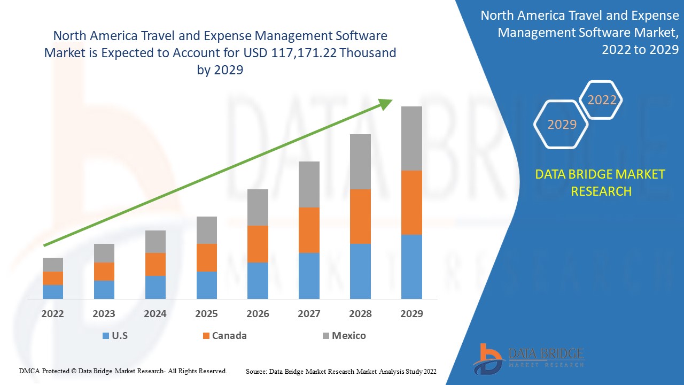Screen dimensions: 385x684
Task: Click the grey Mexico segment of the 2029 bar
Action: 411,138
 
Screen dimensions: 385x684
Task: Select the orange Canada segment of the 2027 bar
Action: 309,230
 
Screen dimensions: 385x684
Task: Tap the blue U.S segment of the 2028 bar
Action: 360,271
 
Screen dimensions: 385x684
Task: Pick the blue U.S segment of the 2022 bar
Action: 53,291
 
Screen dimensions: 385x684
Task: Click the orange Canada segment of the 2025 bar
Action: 207,258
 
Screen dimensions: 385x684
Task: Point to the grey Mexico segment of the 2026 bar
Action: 258,207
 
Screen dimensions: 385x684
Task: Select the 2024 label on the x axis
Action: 155,314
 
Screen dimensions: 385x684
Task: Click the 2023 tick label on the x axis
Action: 104,314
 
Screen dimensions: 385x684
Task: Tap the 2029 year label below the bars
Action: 411,314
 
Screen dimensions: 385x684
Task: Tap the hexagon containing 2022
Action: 602,100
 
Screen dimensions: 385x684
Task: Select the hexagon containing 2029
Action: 562,125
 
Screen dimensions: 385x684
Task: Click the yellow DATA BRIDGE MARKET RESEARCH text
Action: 601,182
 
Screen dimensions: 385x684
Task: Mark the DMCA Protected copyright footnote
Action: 123,371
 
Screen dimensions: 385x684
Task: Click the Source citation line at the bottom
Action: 341,371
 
